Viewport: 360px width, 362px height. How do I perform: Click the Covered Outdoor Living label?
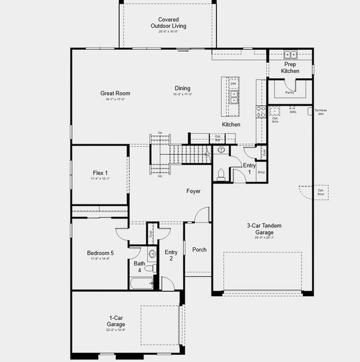pyautogui.click(x=168, y=23)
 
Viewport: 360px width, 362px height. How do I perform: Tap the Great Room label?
pyautogui.click(x=115, y=94)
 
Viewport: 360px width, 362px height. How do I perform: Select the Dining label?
pyautogui.click(x=182, y=88)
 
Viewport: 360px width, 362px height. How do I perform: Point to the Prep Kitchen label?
pyautogui.click(x=290, y=68)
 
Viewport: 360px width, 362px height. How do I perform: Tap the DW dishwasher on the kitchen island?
pyautogui.click(x=233, y=84)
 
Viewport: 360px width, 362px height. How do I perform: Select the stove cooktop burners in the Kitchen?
pyautogui.click(x=261, y=112)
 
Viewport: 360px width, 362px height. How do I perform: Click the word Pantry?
pyautogui.click(x=290, y=93)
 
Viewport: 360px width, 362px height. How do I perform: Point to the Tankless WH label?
pyautogui.click(x=320, y=112)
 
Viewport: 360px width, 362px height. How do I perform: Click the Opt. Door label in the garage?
pyautogui.click(x=321, y=192)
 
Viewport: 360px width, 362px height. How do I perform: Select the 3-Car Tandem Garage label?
pyautogui.click(x=260, y=229)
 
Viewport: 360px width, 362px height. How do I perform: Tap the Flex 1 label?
pyautogui.click(x=100, y=173)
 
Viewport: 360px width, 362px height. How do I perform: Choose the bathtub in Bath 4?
pyautogui.click(x=141, y=282)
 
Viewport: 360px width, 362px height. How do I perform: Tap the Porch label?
pyautogui.click(x=199, y=250)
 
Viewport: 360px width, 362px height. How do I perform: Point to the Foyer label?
pyautogui.click(x=193, y=191)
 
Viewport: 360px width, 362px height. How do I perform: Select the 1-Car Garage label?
pyautogui.click(x=116, y=321)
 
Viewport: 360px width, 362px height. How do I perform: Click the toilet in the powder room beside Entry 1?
pyautogui.click(x=221, y=174)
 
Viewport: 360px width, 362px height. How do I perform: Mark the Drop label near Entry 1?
pyautogui.click(x=261, y=173)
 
